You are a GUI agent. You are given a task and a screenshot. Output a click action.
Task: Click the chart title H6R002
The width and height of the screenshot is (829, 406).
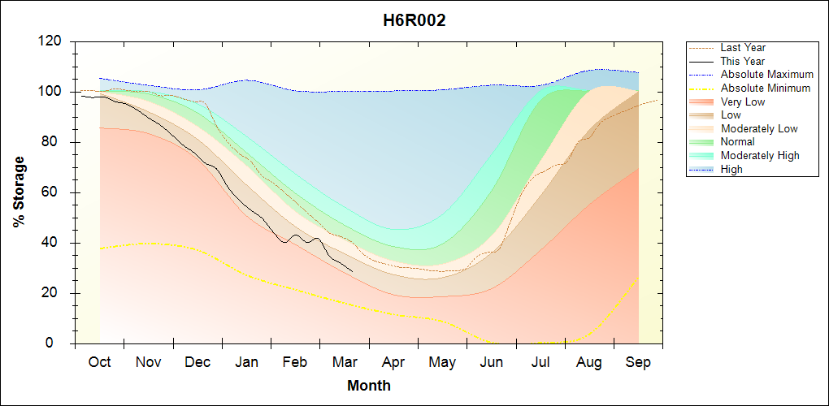pos(414,20)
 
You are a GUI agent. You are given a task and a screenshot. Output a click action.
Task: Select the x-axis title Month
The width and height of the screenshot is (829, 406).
pos(368,386)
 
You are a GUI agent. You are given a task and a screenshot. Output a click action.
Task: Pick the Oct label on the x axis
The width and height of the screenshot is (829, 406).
pos(99,362)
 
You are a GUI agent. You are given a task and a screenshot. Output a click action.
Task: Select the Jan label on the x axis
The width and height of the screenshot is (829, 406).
pos(246,362)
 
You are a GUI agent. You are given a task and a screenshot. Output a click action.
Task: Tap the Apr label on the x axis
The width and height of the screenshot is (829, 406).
pos(393,362)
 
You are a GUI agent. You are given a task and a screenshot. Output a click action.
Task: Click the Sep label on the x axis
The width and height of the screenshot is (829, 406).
pos(638,362)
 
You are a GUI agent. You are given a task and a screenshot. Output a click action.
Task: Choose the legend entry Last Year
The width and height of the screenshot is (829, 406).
pos(743,48)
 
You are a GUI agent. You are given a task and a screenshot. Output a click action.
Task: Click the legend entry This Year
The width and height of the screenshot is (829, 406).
pos(743,61)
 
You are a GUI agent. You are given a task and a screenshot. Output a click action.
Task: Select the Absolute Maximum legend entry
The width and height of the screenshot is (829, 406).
pos(766,75)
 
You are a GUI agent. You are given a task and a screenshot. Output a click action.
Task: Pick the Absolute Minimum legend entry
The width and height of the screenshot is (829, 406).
pos(766,88)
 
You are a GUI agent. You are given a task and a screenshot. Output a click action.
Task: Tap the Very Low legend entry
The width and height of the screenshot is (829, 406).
pos(743,101)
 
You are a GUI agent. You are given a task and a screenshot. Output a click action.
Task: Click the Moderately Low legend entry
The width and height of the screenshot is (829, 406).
pos(759,128)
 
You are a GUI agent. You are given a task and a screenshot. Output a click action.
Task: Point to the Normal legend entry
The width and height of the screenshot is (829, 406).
pos(738,142)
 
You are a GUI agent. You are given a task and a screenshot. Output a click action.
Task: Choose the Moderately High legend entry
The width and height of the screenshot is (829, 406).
pos(760,155)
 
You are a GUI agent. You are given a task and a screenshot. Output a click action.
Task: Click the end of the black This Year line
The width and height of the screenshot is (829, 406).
pos(352,270)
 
